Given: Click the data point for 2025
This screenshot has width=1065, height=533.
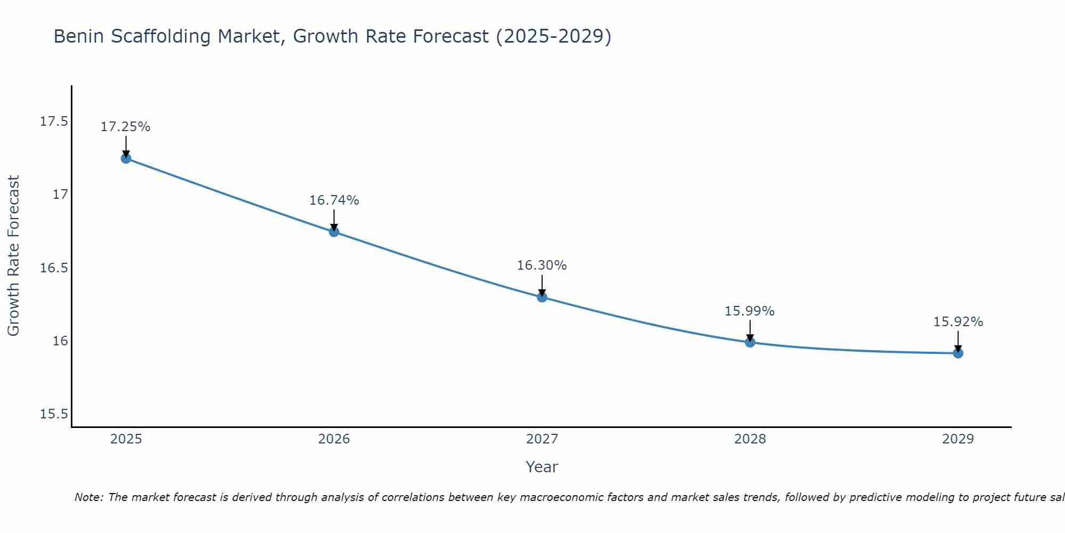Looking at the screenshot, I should tap(126, 158).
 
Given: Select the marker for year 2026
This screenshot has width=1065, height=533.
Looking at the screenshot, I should tap(334, 232).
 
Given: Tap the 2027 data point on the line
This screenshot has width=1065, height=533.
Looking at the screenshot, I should tap(542, 297).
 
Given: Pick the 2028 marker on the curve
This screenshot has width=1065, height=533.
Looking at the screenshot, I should tap(750, 342).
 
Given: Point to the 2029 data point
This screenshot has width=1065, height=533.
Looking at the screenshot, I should tap(958, 353).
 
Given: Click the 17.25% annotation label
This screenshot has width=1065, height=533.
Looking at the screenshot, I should tap(126, 127).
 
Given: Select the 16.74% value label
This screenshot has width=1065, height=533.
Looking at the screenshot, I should tap(334, 200).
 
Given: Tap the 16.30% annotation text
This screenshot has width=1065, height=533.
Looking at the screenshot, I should tap(542, 265).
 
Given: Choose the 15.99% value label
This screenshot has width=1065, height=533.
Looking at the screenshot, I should tap(750, 311).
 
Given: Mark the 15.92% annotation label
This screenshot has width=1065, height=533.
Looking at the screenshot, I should tap(958, 322).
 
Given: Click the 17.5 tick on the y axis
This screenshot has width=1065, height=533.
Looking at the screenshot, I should tap(54, 122).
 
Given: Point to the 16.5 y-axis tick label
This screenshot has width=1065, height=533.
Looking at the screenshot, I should tap(54, 268).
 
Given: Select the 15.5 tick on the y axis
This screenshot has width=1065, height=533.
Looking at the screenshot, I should tap(54, 414).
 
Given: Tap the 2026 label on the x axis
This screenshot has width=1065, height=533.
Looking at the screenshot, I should tap(334, 439).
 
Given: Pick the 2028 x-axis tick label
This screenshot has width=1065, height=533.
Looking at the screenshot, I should tap(750, 439).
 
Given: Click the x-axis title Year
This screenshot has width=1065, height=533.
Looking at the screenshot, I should tap(542, 467).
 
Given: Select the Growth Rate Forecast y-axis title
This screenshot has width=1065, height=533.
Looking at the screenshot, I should tap(13, 256).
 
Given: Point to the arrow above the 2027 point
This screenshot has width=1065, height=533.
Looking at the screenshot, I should tap(542, 285).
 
